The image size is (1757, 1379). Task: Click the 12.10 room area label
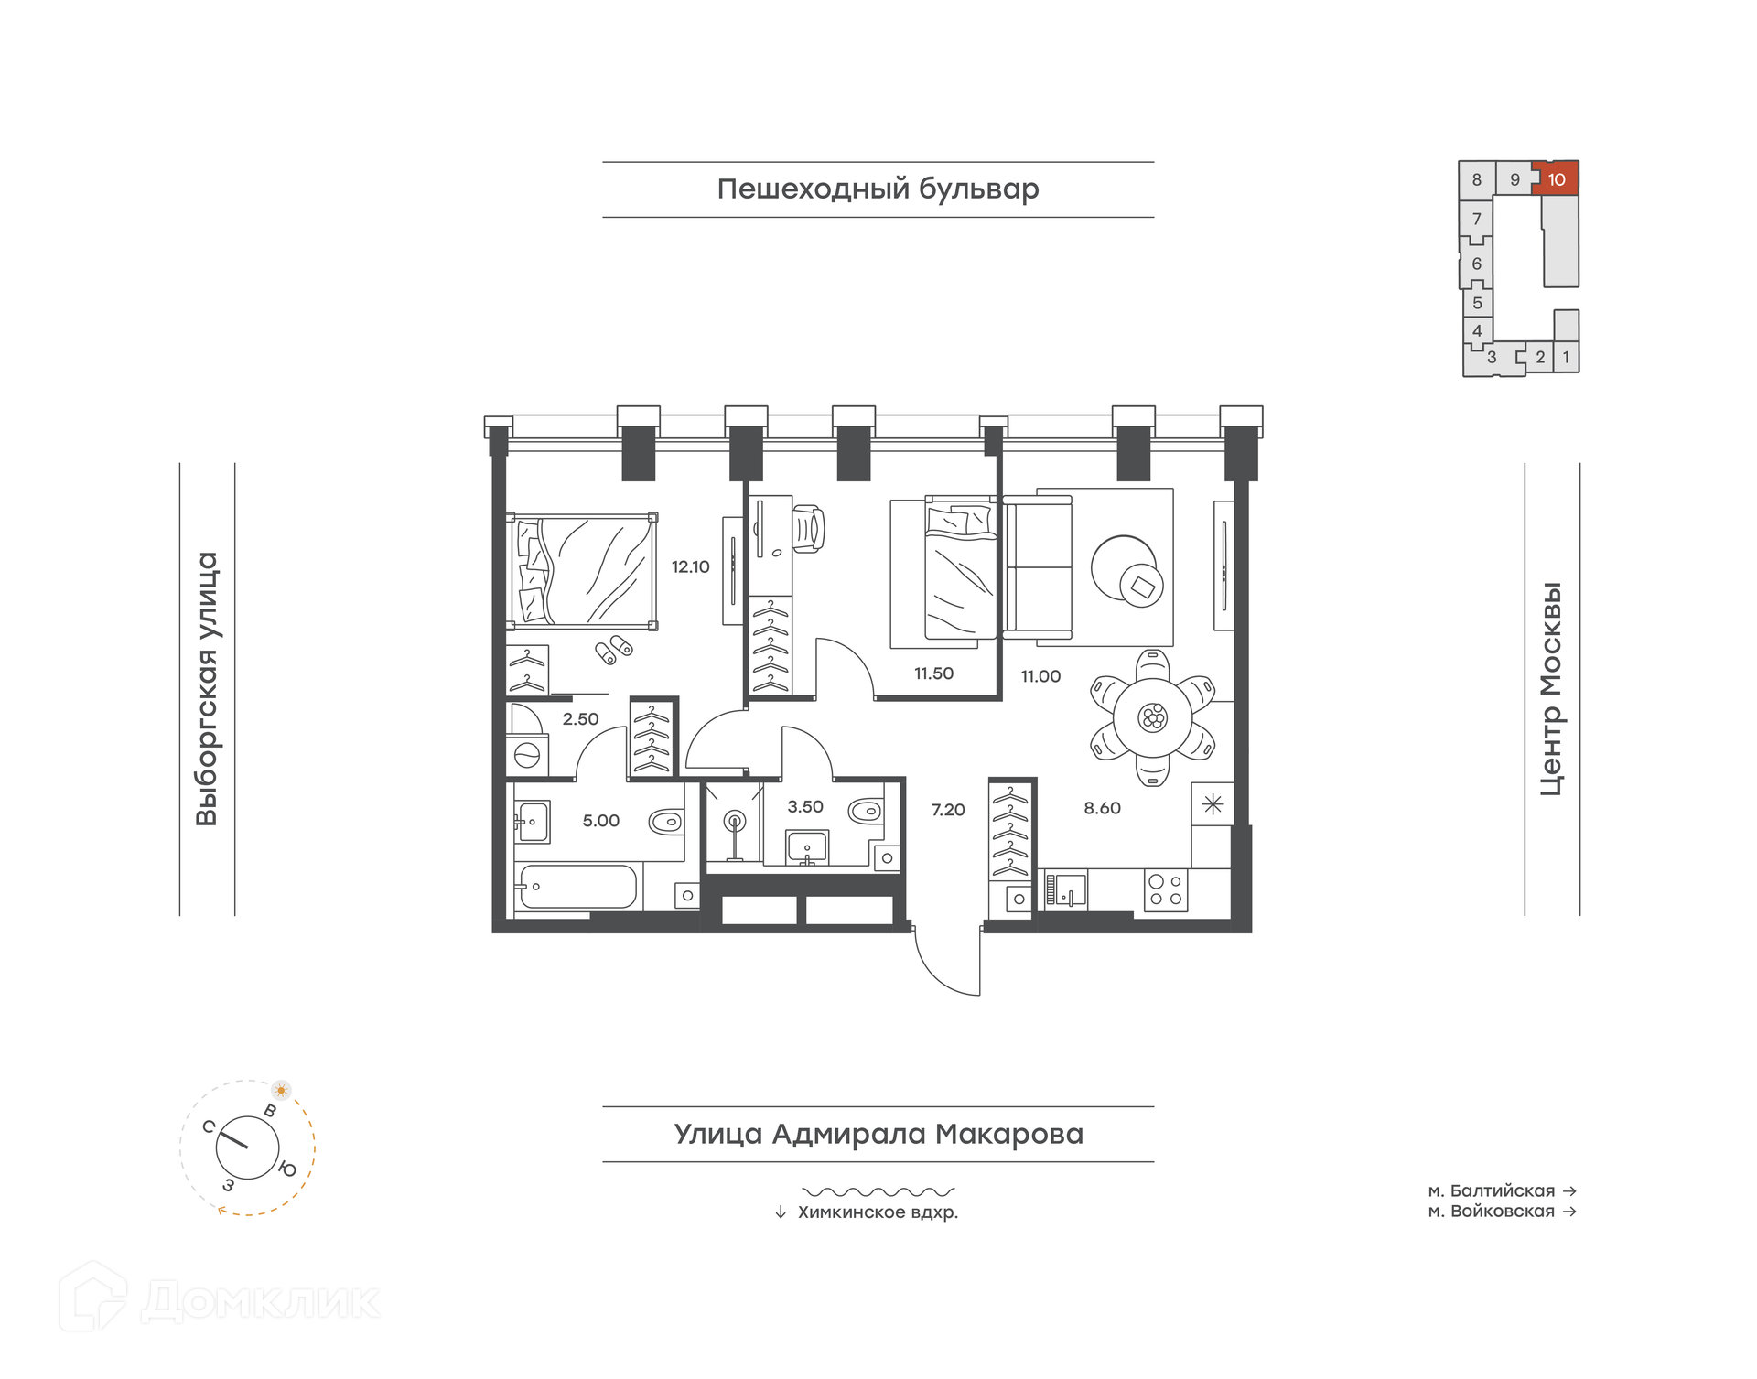[x=690, y=567]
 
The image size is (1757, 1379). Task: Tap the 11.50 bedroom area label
[x=933, y=673]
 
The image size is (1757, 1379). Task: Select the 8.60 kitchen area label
[x=1102, y=808]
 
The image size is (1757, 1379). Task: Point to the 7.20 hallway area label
[x=948, y=810]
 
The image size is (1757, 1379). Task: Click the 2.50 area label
[x=580, y=719]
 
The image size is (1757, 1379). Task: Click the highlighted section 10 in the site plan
[x=1556, y=179]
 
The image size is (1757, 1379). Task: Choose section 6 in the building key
[x=1476, y=264]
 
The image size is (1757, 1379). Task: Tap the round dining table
[x=1153, y=717]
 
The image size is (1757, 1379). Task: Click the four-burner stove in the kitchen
[x=1166, y=890]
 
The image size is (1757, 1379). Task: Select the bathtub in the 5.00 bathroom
[x=577, y=887]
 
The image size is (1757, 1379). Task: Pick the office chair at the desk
[x=808, y=528]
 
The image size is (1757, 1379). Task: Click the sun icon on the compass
[x=281, y=1090]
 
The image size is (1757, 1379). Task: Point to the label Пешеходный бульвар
[x=878, y=189]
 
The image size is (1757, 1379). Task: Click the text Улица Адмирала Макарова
[x=878, y=1134]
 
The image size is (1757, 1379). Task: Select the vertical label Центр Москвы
[x=1551, y=689]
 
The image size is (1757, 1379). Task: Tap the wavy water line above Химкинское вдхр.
[x=878, y=1192]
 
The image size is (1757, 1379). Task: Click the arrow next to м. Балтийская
[x=1569, y=1190]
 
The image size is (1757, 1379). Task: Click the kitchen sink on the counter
[x=1066, y=890]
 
